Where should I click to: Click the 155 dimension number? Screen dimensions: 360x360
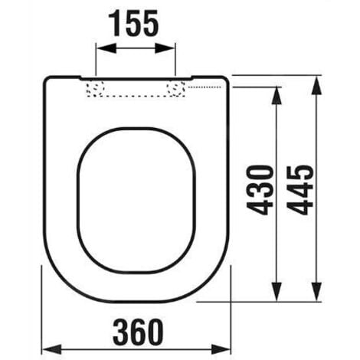(135, 23)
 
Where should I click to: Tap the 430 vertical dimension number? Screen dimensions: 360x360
(264, 188)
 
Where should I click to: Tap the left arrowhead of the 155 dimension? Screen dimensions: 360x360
(100, 48)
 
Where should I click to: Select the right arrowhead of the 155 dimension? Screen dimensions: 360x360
(172, 48)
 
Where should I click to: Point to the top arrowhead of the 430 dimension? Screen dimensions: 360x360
(276, 92)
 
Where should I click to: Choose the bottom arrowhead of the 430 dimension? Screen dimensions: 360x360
(276, 295)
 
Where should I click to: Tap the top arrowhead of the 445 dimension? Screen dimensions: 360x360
(314, 80)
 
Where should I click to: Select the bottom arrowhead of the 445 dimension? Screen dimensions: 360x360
(314, 295)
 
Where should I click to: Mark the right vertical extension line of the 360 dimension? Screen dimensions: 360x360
(230, 291)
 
